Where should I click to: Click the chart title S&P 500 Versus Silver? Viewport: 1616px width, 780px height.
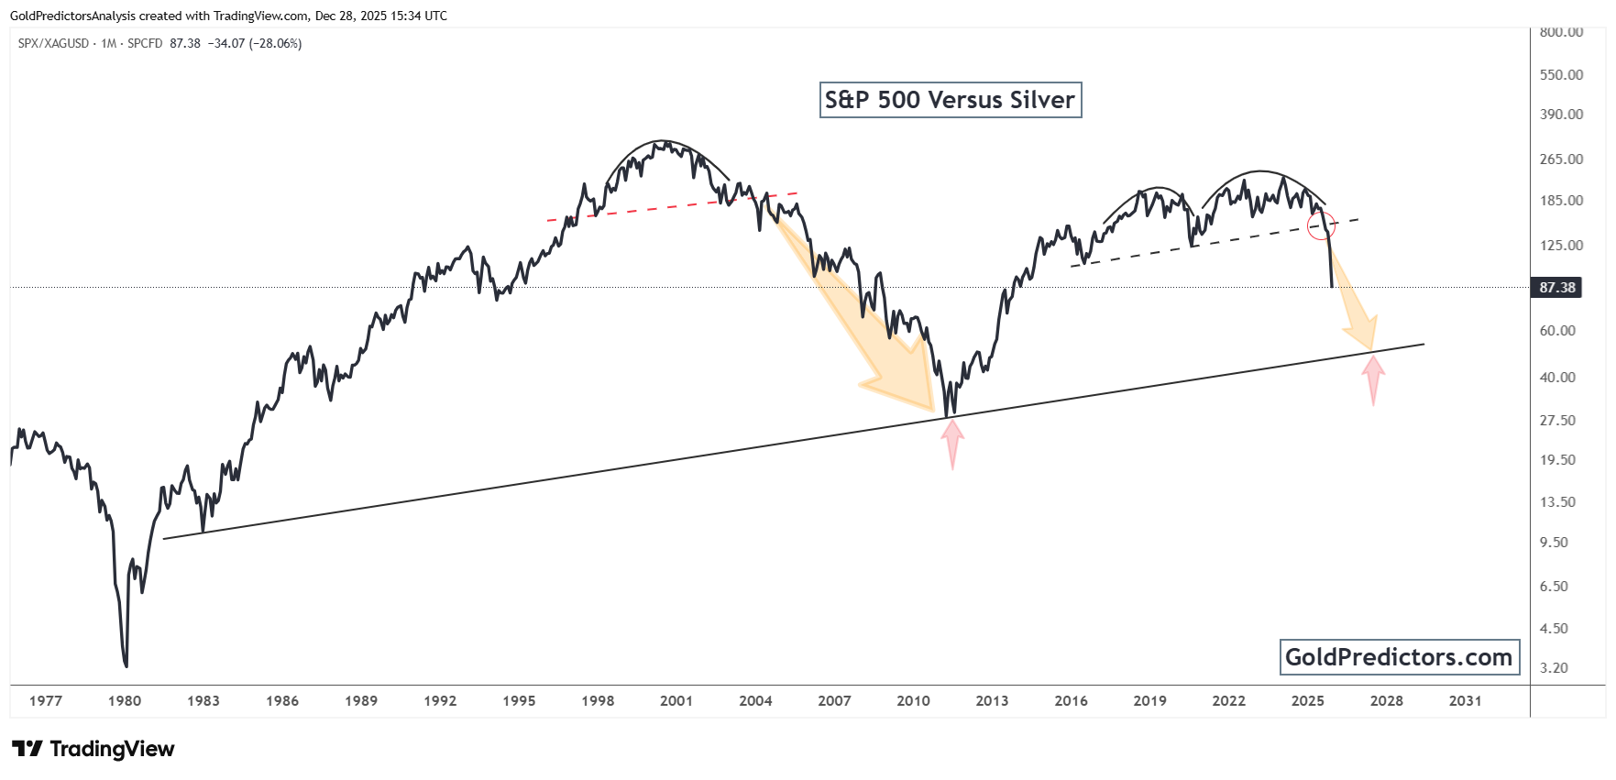pyautogui.click(x=950, y=100)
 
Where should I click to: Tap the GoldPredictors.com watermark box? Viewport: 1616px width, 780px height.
pyautogui.click(x=1399, y=657)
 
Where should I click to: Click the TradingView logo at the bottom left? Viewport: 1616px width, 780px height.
pyautogui.click(x=93, y=749)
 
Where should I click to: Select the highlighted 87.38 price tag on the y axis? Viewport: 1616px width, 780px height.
pyautogui.click(x=1556, y=288)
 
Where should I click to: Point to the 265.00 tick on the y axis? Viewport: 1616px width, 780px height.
pyautogui.click(x=1561, y=159)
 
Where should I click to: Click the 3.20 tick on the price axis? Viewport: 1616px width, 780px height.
pyautogui.click(x=1554, y=668)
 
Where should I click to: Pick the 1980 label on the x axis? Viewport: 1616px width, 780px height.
pyautogui.click(x=125, y=701)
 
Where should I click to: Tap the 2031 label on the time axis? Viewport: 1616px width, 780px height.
pyautogui.click(x=1465, y=701)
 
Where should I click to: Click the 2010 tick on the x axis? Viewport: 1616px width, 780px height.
pyautogui.click(x=913, y=701)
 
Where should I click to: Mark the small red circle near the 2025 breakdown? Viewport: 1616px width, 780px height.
pyautogui.click(x=1321, y=225)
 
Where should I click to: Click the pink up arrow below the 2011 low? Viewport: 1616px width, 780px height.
pyautogui.click(x=952, y=442)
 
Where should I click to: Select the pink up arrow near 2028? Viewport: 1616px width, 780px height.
pyautogui.click(x=1372, y=378)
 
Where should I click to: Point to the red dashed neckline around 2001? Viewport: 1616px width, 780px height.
pyautogui.click(x=669, y=207)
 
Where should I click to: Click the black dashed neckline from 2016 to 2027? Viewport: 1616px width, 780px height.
pyautogui.click(x=1210, y=243)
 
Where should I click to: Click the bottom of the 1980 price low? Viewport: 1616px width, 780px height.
pyautogui.click(x=126, y=665)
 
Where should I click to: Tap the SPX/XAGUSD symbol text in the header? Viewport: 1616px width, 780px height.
pyautogui.click(x=53, y=43)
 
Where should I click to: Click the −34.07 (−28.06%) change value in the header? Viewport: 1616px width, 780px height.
pyautogui.click(x=255, y=43)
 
